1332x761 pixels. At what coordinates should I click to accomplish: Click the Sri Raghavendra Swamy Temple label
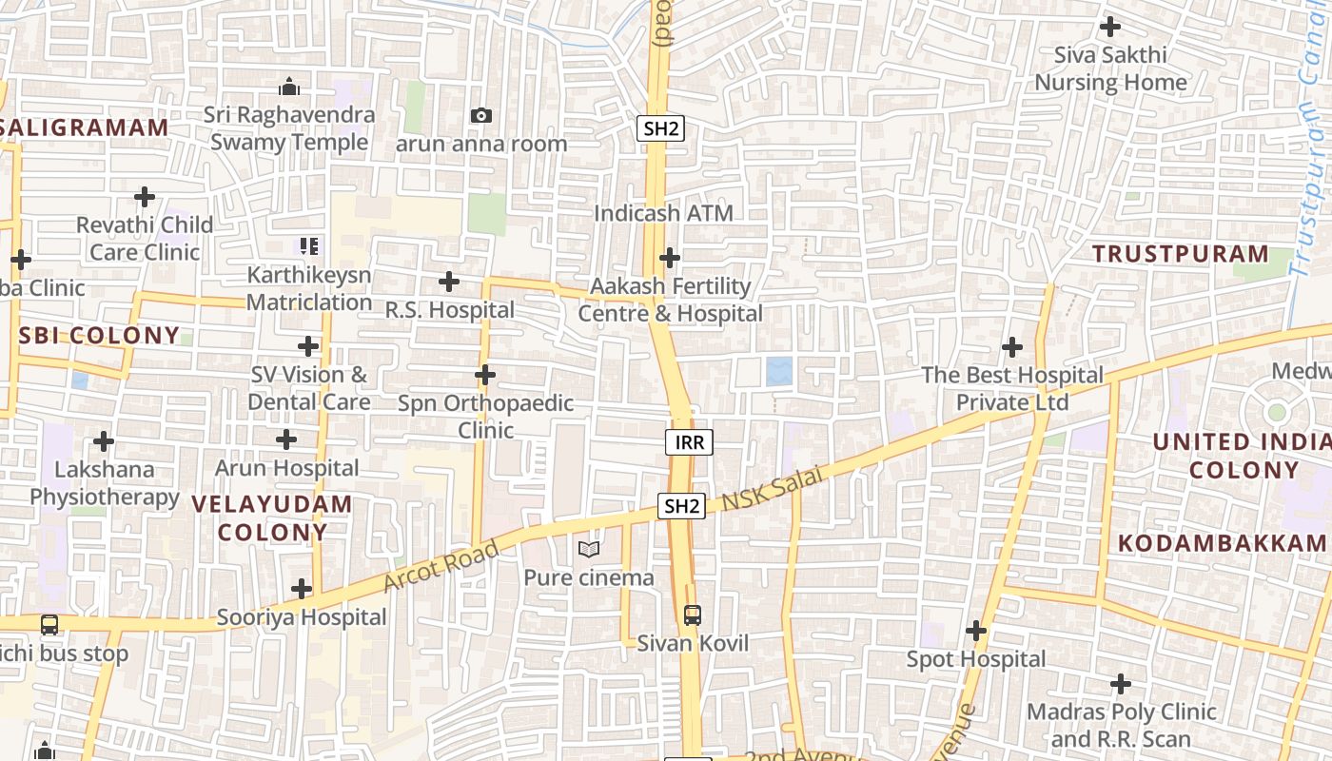coord(289,128)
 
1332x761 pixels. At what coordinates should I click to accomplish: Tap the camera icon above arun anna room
coord(481,115)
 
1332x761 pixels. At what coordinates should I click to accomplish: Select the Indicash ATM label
coord(663,213)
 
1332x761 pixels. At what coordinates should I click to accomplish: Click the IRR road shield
coord(689,441)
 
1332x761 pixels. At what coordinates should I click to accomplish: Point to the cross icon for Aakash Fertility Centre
coord(670,258)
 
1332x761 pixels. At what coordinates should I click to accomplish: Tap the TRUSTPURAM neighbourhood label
coord(1180,254)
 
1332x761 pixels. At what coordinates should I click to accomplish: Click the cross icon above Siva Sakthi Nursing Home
coord(1109,27)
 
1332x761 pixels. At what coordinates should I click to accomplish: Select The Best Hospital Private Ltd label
coord(1012,388)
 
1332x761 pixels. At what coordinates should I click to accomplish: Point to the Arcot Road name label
coord(441,565)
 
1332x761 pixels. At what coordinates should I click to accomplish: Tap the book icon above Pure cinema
coord(589,549)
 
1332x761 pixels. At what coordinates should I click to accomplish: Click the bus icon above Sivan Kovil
coord(693,615)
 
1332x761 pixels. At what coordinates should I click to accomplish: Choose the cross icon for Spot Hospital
coord(976,631)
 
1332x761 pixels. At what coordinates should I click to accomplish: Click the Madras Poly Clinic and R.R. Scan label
coord(1121,725)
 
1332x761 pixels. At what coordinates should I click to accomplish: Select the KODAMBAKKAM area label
coord(1222,543)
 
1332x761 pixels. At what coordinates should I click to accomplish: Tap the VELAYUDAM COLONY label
coord(272,517)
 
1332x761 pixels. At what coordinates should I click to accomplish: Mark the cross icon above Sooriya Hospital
coord(302,589)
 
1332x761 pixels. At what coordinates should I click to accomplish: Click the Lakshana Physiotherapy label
coord(104,483)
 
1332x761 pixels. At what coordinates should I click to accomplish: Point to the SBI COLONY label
coord(99,335)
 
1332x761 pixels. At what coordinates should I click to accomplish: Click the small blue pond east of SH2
coord(779,371)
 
